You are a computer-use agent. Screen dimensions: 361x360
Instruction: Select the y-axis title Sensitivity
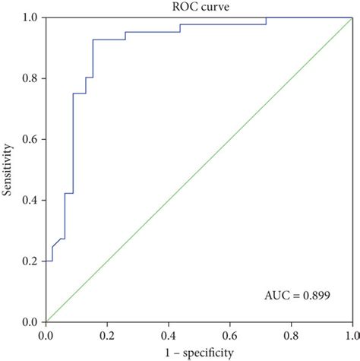pyautogui.click(x=9, y=169)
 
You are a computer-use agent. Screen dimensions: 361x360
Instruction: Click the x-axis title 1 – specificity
pyautogui.click(x=199, y=352)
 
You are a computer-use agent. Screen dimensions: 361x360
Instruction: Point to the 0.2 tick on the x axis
pyautogui.click(x=107, y=334)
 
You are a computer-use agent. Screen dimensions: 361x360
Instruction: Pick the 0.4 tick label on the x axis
pyautogui.click(x=169, y=334)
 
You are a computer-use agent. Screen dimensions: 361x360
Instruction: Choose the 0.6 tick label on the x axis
pyautogui.click(x=229, y=334)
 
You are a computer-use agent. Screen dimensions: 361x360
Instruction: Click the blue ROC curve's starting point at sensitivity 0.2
pyautogui.click(x=46, y=261)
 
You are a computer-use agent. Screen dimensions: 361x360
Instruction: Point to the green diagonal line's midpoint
pyautogui.click(x=199, y=169)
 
